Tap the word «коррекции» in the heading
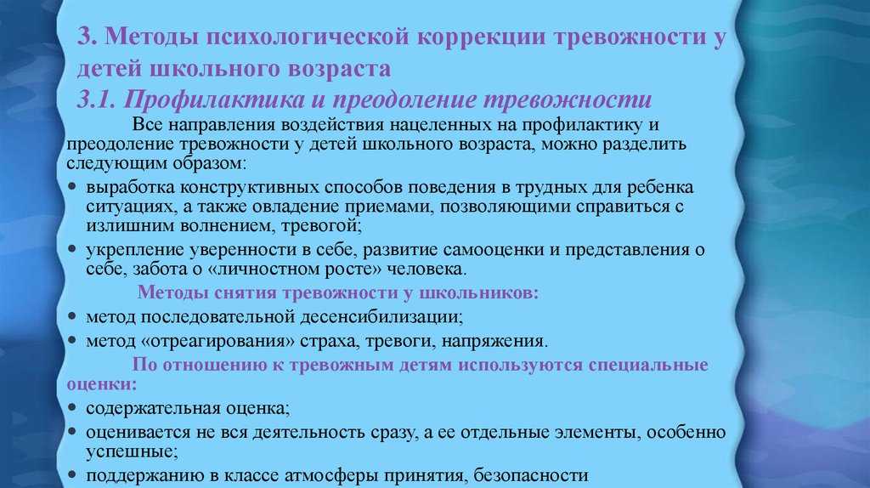480,37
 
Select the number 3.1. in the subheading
96,100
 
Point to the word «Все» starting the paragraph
147,124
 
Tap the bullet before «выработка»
72,187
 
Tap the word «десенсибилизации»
381,317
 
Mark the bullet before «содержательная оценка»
72,408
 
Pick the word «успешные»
132,452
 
